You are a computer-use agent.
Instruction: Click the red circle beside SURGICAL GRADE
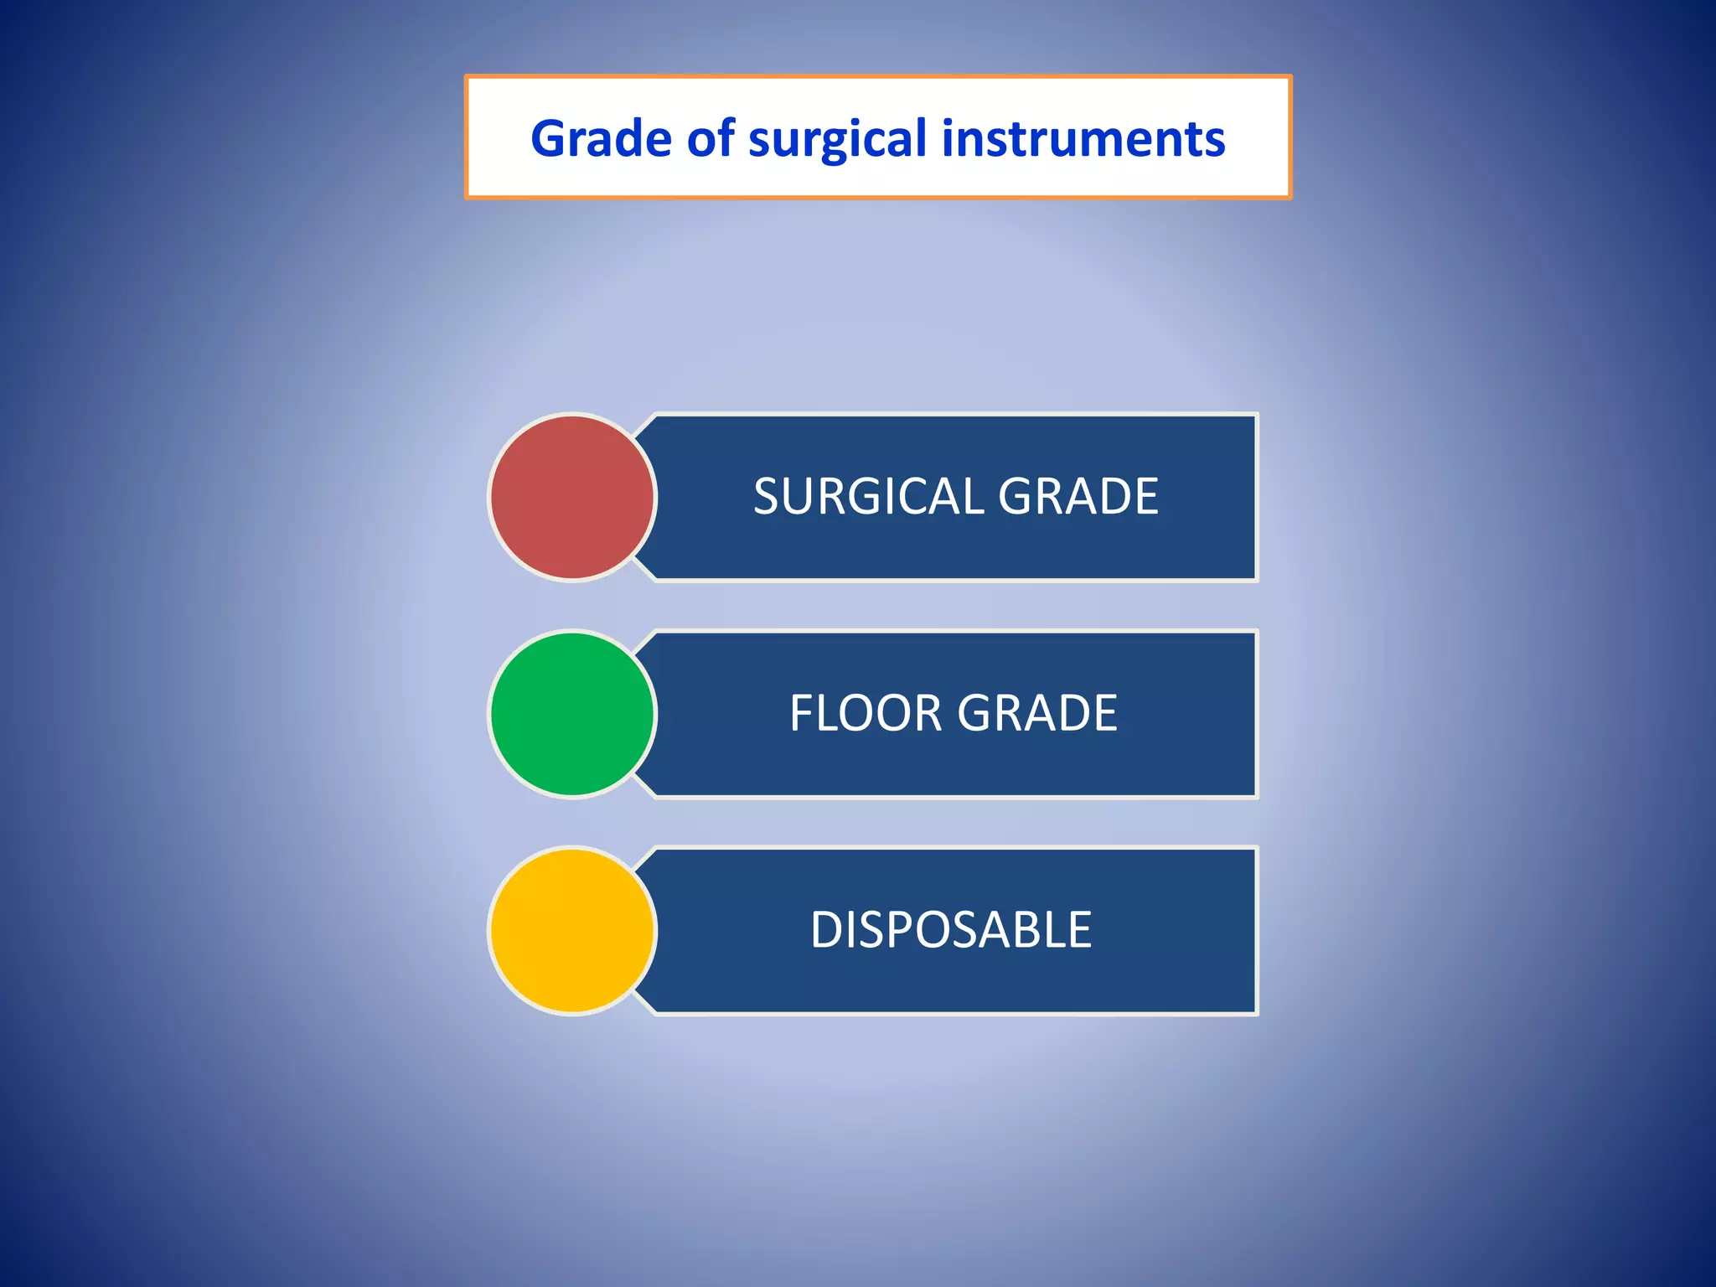(572, 498)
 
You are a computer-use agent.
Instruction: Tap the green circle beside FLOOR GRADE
(572, 714)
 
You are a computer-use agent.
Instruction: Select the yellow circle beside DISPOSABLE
(572, 931)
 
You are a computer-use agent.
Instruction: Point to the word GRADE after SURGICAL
(1078, 496)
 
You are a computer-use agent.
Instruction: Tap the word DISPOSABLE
(951, 930)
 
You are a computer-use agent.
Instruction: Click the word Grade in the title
(601, 138)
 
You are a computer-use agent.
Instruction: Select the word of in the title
(711, 138)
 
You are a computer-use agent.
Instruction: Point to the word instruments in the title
(1083, 138)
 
